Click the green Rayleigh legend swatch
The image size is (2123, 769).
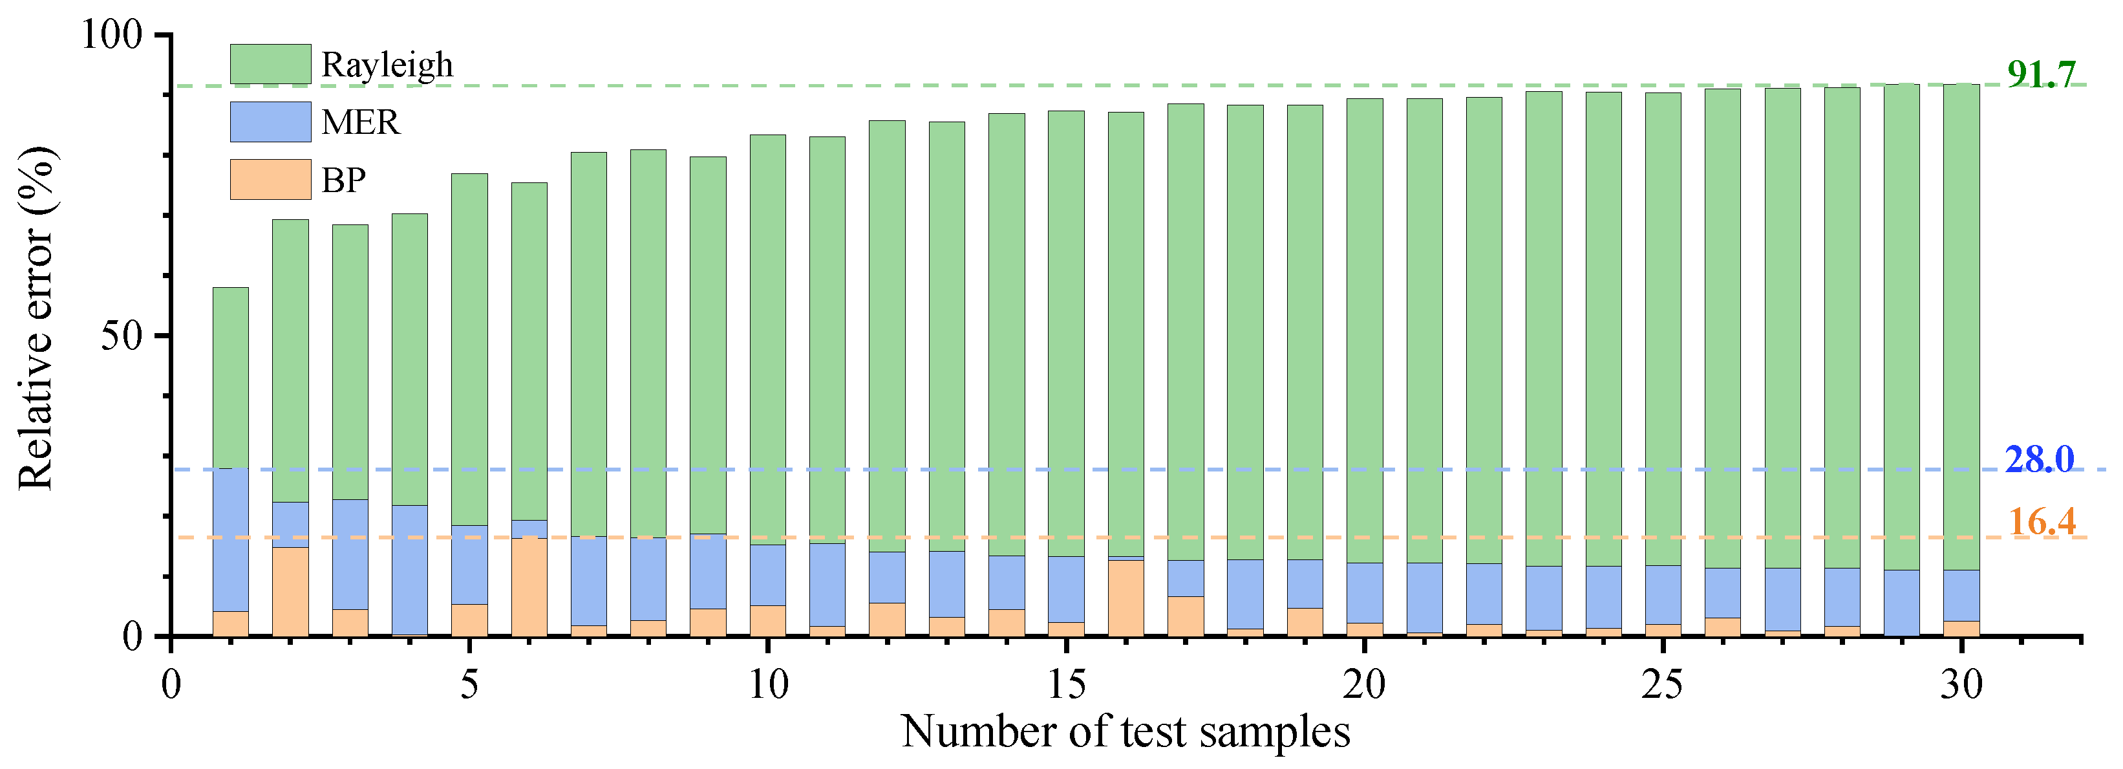click(x=270, y=64)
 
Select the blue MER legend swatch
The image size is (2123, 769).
click(x=270, y=122)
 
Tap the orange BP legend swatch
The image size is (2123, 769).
click(x=270, y=180)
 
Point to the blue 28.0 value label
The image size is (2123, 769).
click(x=2039, y=459)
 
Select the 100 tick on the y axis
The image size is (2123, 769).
click(x=112, y=35)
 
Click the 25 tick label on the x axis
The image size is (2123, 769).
click(x=1662, y=684)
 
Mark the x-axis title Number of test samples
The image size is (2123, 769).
click(x=1126, y=731)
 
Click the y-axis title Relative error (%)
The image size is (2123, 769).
click(x=36, y=318)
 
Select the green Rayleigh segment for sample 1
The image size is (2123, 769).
click(x=231, y=378)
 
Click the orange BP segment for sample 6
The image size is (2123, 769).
click(x=529, y=587)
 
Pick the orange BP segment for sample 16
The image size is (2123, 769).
click(x=1126, y=598)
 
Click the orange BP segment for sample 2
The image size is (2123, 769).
click(x=290, y=591)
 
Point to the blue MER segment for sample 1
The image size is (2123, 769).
click(x=231, y=540)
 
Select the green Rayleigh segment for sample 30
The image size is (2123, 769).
click(x=1961, y=327)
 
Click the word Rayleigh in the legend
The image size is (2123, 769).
click(x=387, y=64)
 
